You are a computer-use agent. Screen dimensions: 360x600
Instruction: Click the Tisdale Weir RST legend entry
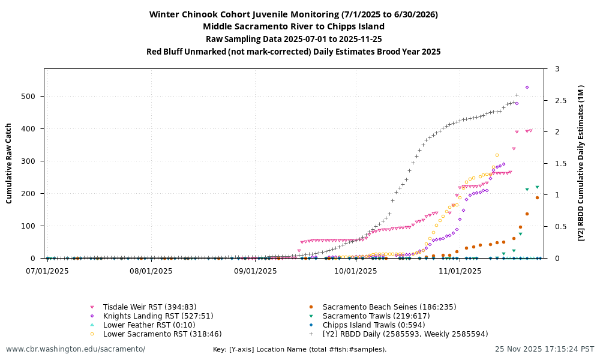tap(149, 307)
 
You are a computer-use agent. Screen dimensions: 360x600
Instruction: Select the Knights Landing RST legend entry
tap(158, 316)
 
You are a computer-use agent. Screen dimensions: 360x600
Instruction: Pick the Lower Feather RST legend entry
tap(149, 325)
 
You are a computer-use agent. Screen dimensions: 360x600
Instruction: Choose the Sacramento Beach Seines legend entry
tap(389, 307)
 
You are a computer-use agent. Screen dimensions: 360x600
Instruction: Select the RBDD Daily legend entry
tap(405, 334)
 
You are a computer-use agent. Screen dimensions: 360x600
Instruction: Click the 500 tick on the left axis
tap(33, 97)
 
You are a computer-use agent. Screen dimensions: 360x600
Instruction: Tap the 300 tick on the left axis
tap(33, 161)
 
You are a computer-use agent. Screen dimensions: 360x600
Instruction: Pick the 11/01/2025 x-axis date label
tap(461, 271)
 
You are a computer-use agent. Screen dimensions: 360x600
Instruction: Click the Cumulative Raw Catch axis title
tap(9, 163)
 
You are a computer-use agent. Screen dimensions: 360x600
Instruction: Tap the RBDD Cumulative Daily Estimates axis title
tap(581, 163)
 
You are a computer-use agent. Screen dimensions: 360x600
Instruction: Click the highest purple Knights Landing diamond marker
tap(527, 88)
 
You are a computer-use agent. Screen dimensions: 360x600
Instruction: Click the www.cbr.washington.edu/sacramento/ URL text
tap(76, 349)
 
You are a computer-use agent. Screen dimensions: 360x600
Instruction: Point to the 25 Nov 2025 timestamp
tap(544, 349)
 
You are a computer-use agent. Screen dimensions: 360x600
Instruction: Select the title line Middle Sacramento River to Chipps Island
tap(293, 26)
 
